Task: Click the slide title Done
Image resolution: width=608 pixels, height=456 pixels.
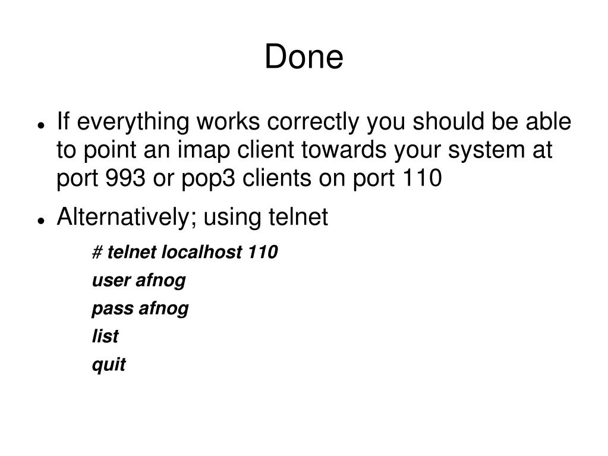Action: (x=304, y=58)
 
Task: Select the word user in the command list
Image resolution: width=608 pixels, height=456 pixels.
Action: (x=111, y=281)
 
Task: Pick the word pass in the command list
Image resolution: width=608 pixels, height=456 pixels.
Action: (x=113, y=309)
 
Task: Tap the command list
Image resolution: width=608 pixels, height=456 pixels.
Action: (x=105, y=337)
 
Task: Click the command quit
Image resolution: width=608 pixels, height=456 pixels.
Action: (x=109, y=364)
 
